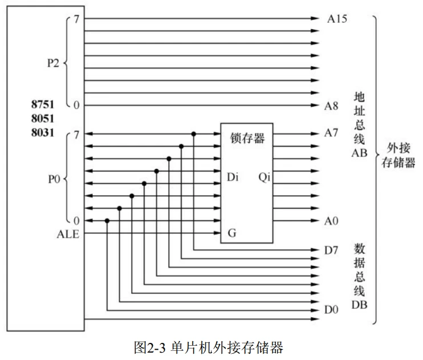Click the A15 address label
pos(337,19)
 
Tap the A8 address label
pos(331,106)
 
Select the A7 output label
pos(331,133)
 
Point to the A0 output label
pos(331,221)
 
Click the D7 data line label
pos(331,250)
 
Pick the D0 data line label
pos(331,309)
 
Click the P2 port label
pos(53,63)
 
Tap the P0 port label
pos(54,179)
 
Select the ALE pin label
pos(68,234)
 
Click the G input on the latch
pos(232,233)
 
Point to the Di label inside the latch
pos(233,177)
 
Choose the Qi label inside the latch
pos(264,177)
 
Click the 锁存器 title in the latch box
pos(247,138)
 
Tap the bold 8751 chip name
pos(43,104)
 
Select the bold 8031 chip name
pos(43,132)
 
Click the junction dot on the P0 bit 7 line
pos(194,134)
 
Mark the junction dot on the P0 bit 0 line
pos(107,221)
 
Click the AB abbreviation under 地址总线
pos(359,153)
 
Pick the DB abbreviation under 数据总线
pos(359,305)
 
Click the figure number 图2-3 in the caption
pos(150,347)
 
